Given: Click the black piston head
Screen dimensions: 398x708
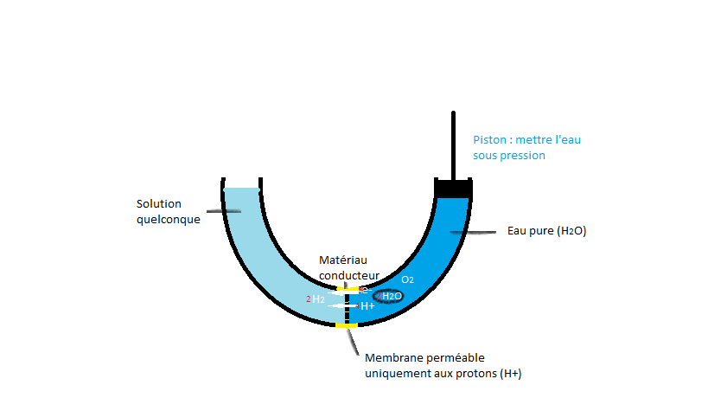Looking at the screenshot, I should tap(454, 188).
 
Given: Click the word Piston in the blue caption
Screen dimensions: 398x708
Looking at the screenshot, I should tap(489, 140).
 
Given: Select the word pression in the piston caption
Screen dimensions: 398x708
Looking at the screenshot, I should tap(524, 156).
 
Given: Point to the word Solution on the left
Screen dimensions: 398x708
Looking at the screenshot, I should tap(159, 204).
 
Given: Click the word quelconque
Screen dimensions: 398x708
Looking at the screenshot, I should tap(169, 220).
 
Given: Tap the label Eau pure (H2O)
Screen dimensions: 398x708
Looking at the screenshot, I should tap(546, 231).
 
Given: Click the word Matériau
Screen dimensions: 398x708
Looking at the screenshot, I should tap(344, 260).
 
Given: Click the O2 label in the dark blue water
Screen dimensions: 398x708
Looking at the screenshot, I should tap(407, 280).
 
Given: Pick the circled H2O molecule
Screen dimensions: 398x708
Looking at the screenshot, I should tap(390, 296).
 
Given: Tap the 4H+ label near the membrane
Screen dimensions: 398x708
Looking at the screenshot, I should tap(366, 306).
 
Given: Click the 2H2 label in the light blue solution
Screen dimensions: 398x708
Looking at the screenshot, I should tap(316, 299).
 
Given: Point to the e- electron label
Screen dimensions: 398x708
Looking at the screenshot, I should tap(364, 291).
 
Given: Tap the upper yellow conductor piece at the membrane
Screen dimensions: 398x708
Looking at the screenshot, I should tap(347, 288).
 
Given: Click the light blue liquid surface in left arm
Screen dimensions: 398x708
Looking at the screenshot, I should tap(241, 189).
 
